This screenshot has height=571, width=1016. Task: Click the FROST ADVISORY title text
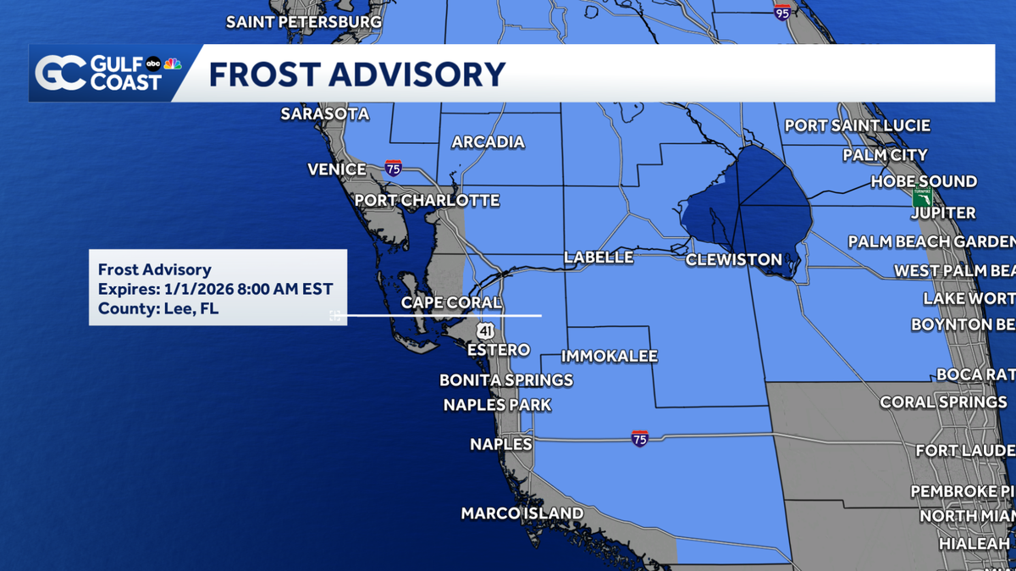pyautogui.click(x=356, y=75)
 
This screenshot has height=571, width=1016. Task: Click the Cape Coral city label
pyautogui.click(x=451, y=302)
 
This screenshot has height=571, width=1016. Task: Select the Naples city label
pyautogui.click(x=501, y=444)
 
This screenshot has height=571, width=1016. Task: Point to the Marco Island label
pyautogui.click(x=522, y=513)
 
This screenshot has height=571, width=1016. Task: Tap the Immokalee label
pyautogui.click(x=609, y=357)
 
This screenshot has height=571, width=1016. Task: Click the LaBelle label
pyautogui.click(x=599, y=258)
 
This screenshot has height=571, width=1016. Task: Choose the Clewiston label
pyautogui.click(x=733, y=260)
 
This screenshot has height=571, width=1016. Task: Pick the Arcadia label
pyautogui.click(x=488, y=142)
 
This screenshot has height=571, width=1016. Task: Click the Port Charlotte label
pyautogui.click(x=427, y=201)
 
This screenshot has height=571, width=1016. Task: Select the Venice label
pyautogui.click(x=337, y=169)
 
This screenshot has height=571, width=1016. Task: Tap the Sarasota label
pyautogui.click(x=325, y=114)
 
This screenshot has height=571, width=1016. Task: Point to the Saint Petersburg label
pyautogui.click(x=304, y=22)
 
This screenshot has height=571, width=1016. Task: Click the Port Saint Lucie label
pyautogui.click(x=857, y=126)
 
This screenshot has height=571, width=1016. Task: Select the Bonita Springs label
pyautogui.click(x=506, y=380)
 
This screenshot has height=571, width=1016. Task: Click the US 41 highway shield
pyautogui.click(x=484, y=330)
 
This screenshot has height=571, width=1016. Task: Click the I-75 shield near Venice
pyautogui.click(x=393, y=168)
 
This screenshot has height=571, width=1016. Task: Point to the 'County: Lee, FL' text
pyautogui.click(x=158, y=308)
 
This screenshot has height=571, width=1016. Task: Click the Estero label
pyautogui.click(x=499, y=350)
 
